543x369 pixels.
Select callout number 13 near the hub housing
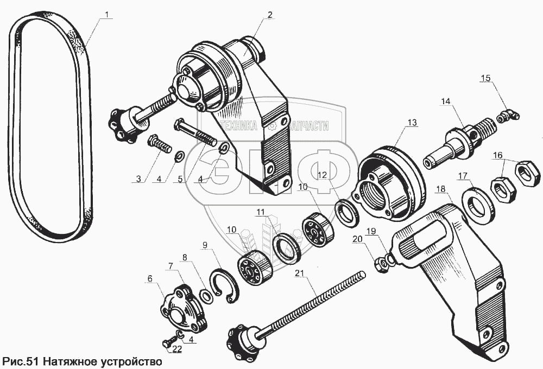(x=413, y=123)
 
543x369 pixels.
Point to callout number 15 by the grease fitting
(x=485, y=79)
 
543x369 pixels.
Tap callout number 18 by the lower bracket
(x=440, y=188)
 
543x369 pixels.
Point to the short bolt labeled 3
(x=157, y=145)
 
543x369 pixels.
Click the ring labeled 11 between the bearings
(x=286, y=247)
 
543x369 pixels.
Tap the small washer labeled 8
(x=206, y=296)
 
